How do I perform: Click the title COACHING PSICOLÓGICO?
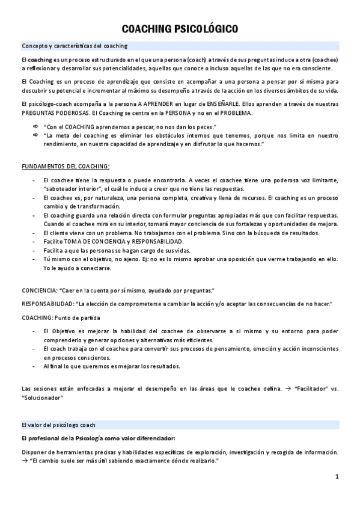click(180, 28)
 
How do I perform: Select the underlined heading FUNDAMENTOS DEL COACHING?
click(66, 165)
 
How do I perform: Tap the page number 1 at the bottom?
click(337, 477)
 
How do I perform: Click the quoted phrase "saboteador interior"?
click(73, 188)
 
